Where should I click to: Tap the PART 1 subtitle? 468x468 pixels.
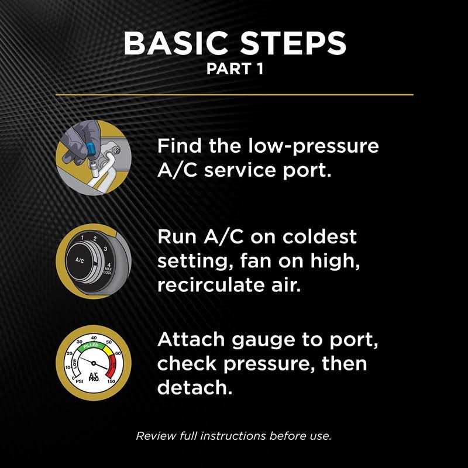pos(234,69)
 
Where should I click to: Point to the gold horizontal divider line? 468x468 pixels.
pos(234,94)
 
